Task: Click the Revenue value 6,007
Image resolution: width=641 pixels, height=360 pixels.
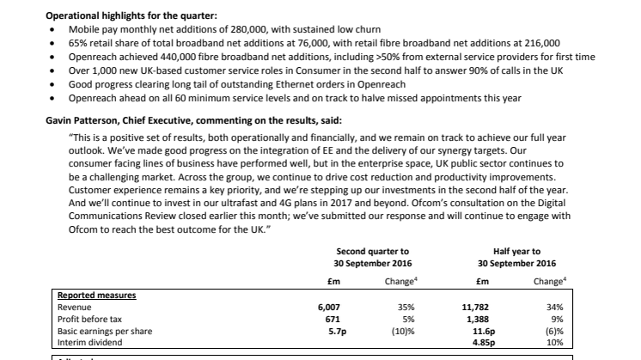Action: point(329,308)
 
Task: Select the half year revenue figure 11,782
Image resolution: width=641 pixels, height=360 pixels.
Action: point(475,308)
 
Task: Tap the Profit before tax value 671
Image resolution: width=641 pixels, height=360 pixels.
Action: point(333,319)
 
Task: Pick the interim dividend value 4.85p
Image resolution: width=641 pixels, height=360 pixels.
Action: point(484,343)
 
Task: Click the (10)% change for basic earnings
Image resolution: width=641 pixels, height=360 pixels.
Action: point(403,331)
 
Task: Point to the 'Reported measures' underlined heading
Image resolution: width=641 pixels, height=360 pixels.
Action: point(96,295)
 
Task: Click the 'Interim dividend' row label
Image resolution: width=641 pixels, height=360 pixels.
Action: point(89,343)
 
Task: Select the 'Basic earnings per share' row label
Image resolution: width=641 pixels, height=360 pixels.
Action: point(105,331)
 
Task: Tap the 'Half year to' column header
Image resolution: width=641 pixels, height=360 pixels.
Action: point(516,251)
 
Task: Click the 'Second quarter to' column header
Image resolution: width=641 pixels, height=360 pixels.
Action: point(372,251)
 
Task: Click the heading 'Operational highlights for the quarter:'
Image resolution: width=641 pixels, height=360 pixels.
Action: point(131,16)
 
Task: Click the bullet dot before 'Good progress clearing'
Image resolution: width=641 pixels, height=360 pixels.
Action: point(52,84)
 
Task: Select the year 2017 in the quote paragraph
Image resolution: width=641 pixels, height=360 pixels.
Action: point(341,203)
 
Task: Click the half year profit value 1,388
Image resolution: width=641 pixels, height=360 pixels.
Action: point(478,319)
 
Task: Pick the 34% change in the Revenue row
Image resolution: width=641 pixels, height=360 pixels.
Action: point(555,308)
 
